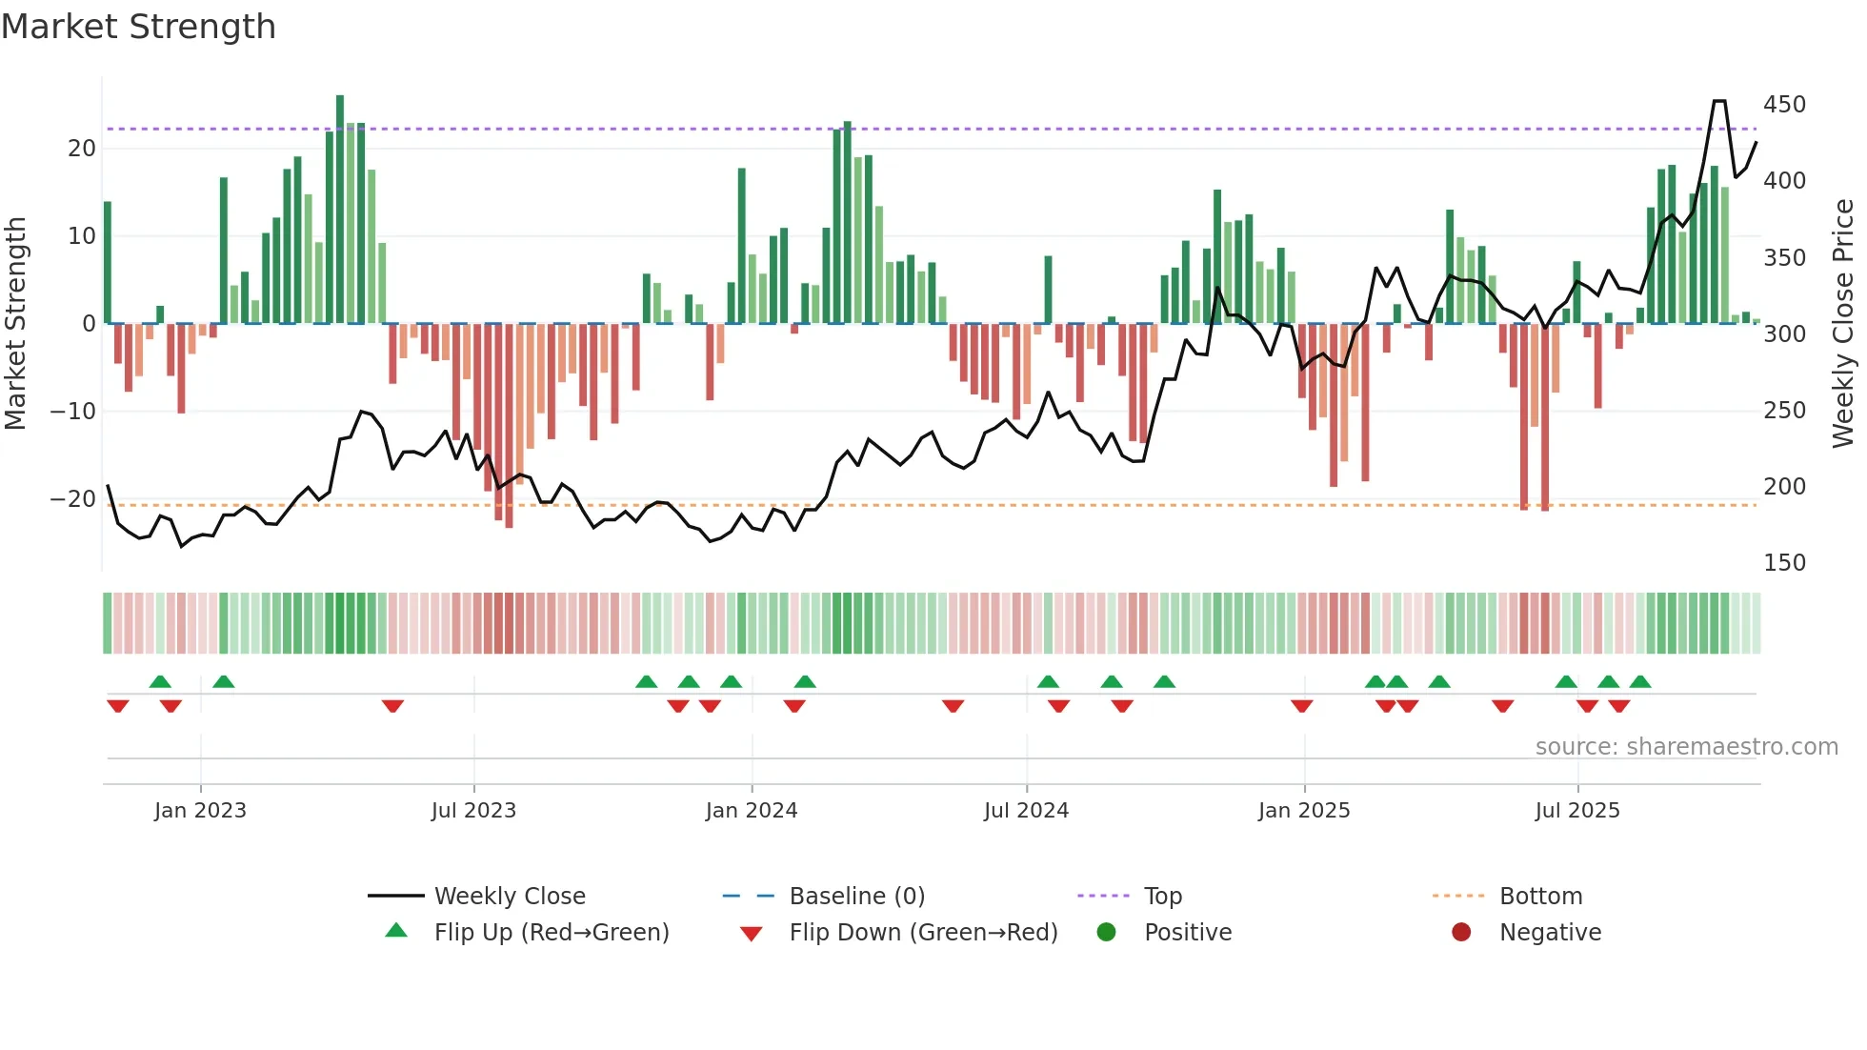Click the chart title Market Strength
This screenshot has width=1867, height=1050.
(138, 27)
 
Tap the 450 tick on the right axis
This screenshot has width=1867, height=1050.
(1783, 105)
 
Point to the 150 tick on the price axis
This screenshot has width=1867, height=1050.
(1783, 563)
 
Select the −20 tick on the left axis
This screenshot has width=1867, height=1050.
(73, 499)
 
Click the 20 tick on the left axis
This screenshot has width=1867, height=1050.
(82, 149)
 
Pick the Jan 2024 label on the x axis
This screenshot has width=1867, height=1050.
(751, 811)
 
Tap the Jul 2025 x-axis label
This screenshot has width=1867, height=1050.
(1576, 811)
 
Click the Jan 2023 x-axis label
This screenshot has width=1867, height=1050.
(200, 811)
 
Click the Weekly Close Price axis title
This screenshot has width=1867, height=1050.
(1843, 324)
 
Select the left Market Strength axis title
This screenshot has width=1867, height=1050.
(15, 324)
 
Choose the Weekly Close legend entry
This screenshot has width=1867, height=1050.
(509, 897)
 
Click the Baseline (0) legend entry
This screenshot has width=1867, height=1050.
(856, 897)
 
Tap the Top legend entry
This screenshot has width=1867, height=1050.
(1162, 897)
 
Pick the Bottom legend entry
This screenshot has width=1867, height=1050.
(1539, 897)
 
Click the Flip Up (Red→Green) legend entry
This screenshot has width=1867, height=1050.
(551, 933)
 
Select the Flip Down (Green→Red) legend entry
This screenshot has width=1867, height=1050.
(922, 933)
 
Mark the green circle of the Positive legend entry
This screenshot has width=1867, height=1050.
(1106, 933)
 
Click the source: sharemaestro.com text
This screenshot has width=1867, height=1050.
(1686, 747)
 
